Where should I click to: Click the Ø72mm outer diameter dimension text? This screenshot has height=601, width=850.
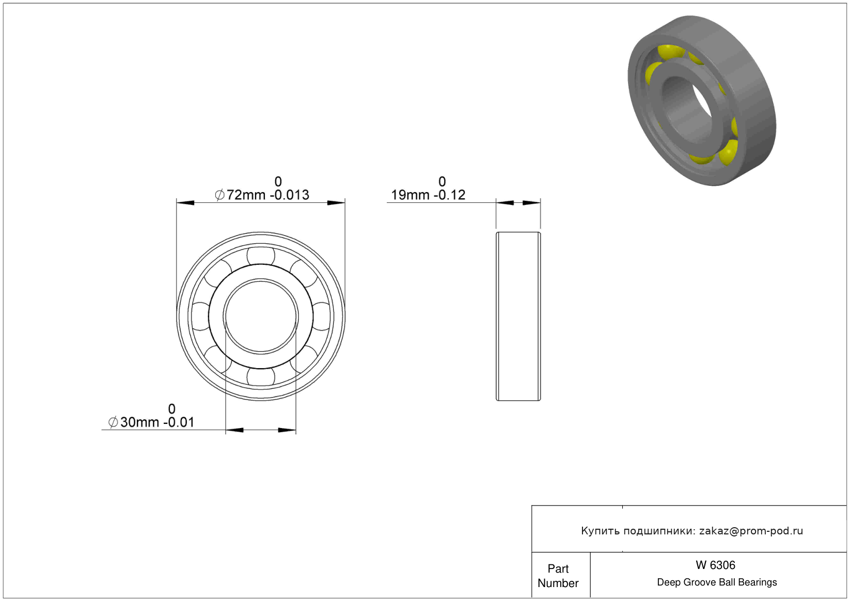(262, 195)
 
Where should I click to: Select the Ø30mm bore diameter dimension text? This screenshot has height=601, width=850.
(151, 422)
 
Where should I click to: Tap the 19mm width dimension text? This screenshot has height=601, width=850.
(428, 195)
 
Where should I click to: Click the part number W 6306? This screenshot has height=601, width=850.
(715, 565)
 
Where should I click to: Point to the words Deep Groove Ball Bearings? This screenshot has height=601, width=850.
(717, 582)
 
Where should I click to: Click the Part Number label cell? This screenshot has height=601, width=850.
(558, 576)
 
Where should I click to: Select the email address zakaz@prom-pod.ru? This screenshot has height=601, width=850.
(751, 531)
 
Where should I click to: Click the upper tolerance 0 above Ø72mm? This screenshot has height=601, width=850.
(278, 181)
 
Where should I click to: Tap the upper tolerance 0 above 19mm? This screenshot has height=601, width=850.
(442, 181)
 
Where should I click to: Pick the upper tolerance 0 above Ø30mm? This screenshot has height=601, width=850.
(172, 408)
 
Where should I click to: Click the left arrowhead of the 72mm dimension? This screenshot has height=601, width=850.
(185, 203)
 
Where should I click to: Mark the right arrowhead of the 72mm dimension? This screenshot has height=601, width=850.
(336, 203)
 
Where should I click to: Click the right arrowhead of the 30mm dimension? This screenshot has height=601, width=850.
(287, 430)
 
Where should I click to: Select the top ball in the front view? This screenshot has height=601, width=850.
(261, 256)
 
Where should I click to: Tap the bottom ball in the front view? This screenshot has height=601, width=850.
(261, 377)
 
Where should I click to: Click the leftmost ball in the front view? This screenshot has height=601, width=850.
(200, 317)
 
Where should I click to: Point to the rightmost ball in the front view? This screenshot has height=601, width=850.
(321, 317)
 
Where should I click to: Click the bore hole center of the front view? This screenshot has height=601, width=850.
(261, 317)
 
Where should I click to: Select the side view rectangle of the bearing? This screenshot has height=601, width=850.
(518, 317)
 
